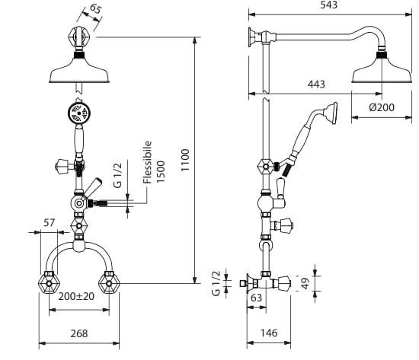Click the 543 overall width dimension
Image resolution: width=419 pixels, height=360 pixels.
[328, 5]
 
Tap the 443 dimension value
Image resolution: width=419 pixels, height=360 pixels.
[316, 84]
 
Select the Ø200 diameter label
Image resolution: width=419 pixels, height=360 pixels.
[382, 107]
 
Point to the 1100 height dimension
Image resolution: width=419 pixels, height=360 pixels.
[185, 161]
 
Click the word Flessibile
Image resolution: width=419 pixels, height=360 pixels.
[148, 162]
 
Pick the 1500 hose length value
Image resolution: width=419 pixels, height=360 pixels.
[161, 172]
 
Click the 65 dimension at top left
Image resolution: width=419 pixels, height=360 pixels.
[95, 8]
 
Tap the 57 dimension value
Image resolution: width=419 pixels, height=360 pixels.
[49, 222]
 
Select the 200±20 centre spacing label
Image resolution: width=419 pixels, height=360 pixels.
[76, 296]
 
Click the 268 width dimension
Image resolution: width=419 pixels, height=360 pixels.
[79, 333]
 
